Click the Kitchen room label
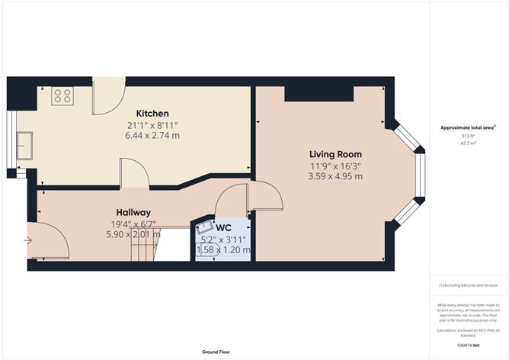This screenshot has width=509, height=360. (x=152, y=114)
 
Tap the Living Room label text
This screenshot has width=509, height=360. (x=335, y=154)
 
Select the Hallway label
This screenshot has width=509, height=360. (x=133, y=212)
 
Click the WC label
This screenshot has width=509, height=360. (x=223, y=227)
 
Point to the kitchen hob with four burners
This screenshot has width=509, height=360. (x=62, y=97)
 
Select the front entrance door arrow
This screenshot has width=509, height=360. (x=28, y=240)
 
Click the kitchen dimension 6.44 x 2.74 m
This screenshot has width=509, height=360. (x=152, y=136)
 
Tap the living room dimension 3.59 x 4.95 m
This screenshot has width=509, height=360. (x=335, y=176)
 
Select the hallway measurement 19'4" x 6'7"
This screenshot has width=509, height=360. (x=133, y=223)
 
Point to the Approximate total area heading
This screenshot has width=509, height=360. (x=467, y=127)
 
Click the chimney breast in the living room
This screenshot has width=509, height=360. (x=319, y=93)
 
